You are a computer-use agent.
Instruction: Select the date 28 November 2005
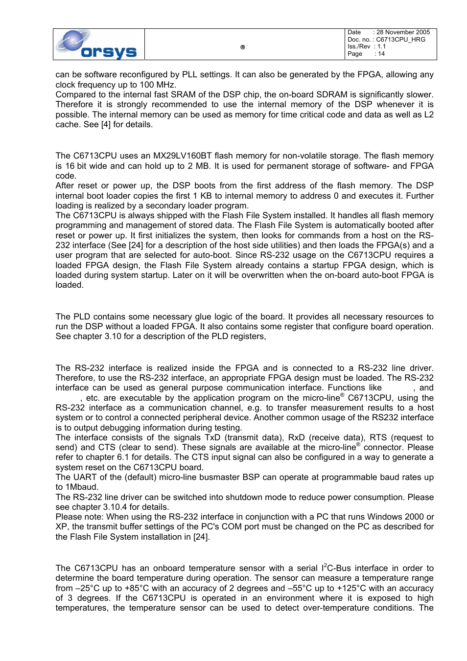click(403, 32)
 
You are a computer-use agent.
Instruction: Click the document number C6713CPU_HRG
click(400, 40)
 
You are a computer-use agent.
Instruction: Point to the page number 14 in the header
click(381, 54)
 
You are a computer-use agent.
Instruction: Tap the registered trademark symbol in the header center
click(242, 47)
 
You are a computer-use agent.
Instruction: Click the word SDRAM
click(348, 94)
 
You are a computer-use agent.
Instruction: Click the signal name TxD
click(212, 437)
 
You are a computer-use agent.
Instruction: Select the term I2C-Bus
click(336, 568)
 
